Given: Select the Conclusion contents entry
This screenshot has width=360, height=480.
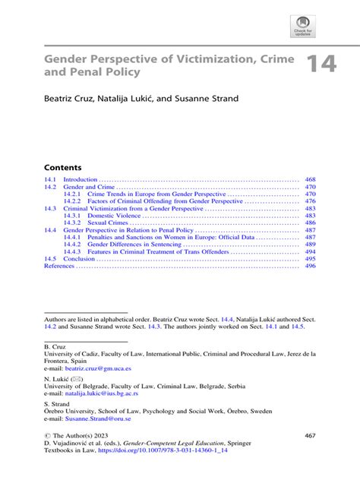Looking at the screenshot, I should click(x=79, y=259).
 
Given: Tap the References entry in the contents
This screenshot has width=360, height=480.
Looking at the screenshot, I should click(x=59, y=266).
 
